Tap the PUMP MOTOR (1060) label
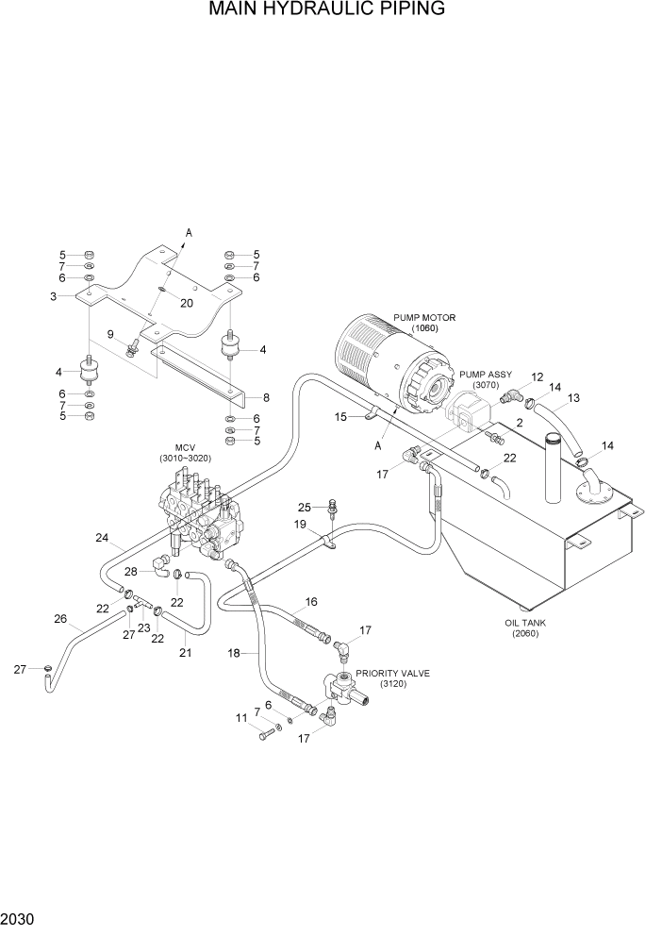(424, 323)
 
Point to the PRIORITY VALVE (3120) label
(391, 678)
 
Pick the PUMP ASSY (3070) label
(486, 379)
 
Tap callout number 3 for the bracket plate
(55, 296)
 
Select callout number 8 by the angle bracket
(266, 397)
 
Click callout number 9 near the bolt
(110, 334)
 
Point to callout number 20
(186, 303)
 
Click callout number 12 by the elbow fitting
(538, 377)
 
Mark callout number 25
(305, 508)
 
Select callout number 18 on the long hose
(234, 652)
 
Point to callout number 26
(60, 620)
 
